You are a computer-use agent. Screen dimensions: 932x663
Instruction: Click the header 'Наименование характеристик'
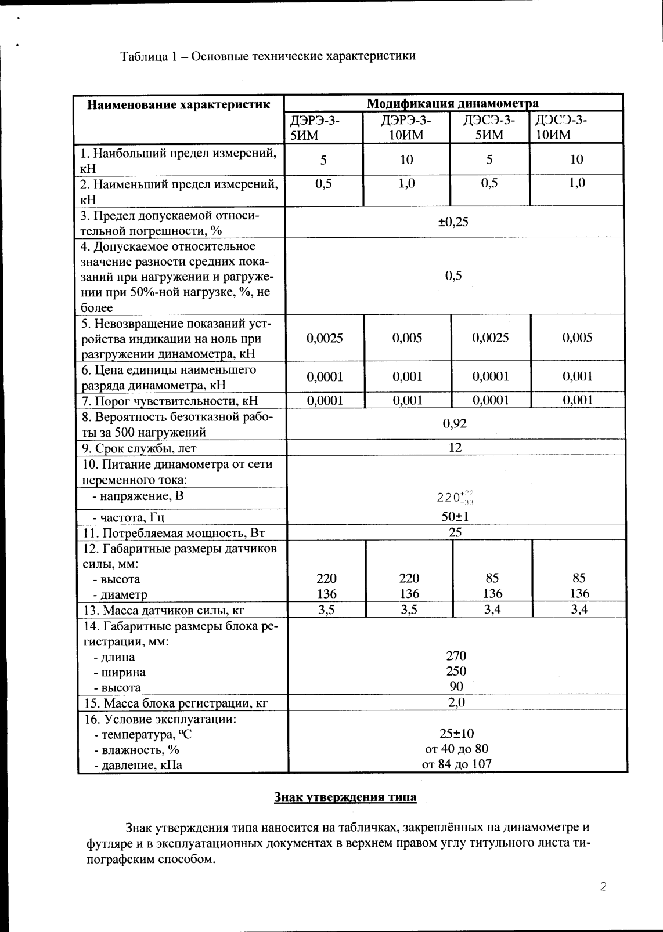point(179,104)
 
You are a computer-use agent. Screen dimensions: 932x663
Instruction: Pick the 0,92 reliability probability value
point(455,423)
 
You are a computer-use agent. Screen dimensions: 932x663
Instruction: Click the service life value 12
point(455,447)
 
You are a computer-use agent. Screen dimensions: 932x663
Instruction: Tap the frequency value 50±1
point(455,516)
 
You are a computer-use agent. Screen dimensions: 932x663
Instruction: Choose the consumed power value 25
point(455,532)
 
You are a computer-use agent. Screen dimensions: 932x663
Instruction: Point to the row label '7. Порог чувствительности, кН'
point(169,401)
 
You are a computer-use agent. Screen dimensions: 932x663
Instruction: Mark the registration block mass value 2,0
point(456,702)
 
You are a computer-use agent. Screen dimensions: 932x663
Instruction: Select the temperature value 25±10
point(456,733)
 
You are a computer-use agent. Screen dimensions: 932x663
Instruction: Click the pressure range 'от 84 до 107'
point(456,764)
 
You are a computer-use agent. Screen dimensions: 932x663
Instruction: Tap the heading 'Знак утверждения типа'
point(345,797)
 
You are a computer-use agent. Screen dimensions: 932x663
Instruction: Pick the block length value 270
point(456,656)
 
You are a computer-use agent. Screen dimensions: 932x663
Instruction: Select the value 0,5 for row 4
point(453,275)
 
